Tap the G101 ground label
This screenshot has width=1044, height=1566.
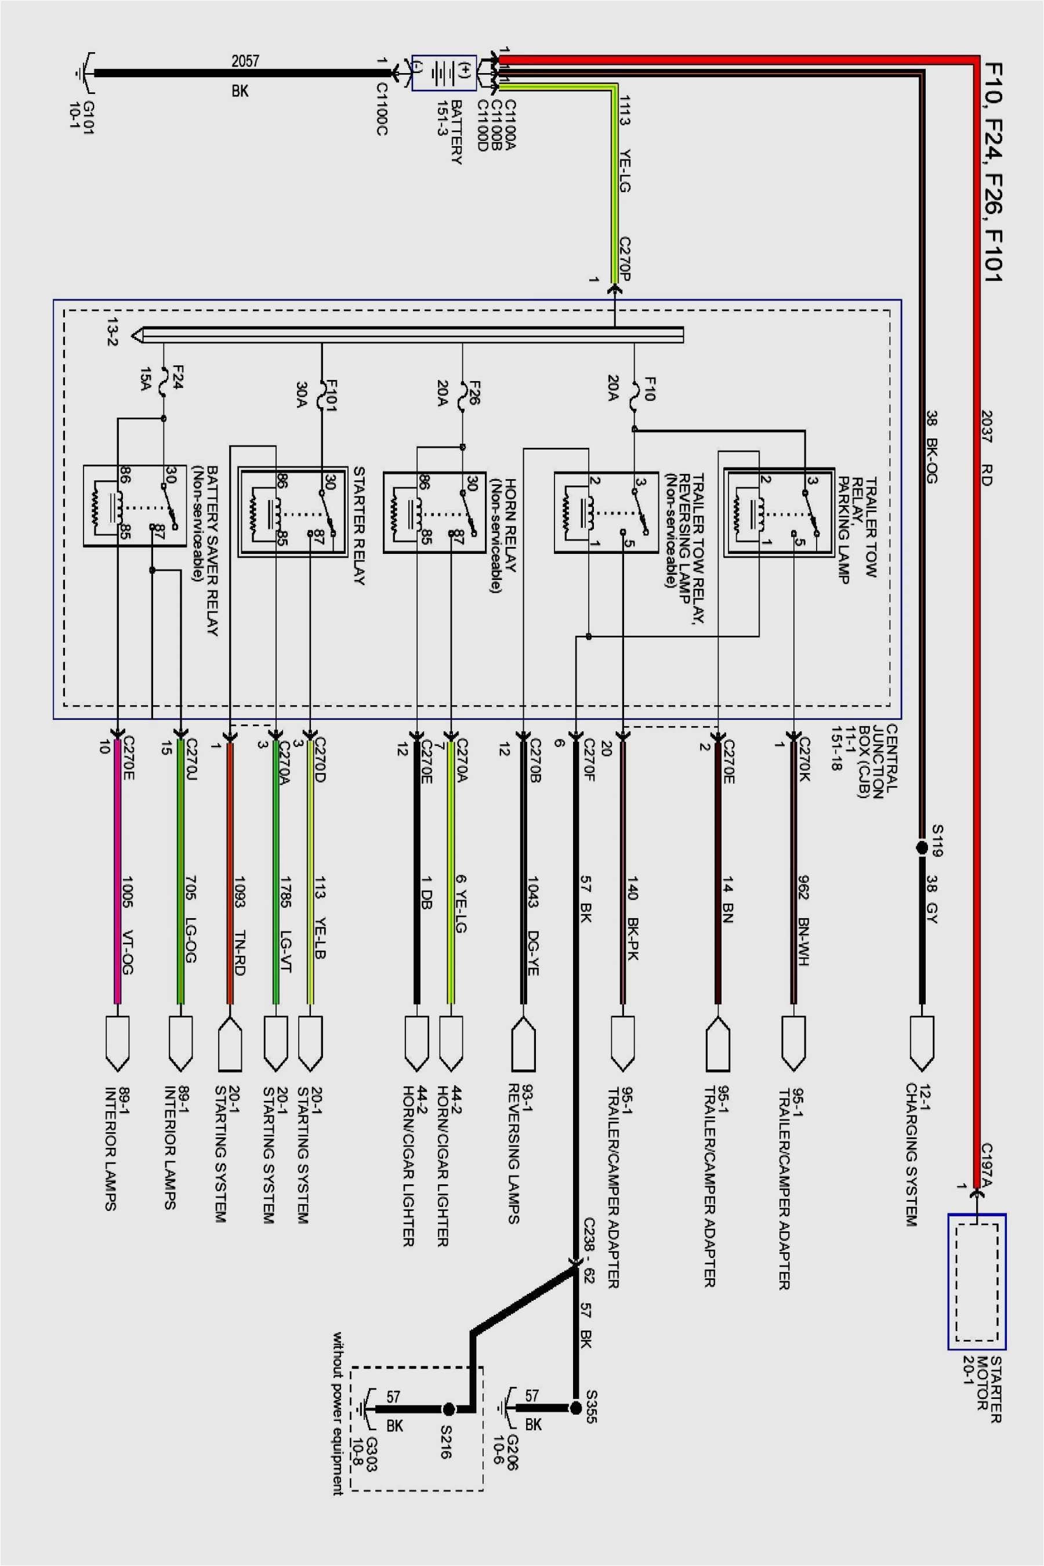click(x=81, y=117)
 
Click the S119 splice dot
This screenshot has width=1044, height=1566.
click(x=922, y=847)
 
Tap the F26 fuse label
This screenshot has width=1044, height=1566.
click(x=474, y=393)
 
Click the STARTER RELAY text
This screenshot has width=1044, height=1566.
click(x=359, y=525)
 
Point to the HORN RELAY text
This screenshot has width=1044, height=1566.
click(x=510, y=525)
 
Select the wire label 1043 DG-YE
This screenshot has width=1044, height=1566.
click(x=532, y=926)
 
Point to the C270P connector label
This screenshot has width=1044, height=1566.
click(x=624, y=258)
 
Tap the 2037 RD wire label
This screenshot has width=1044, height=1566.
click(x=986, y=447)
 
